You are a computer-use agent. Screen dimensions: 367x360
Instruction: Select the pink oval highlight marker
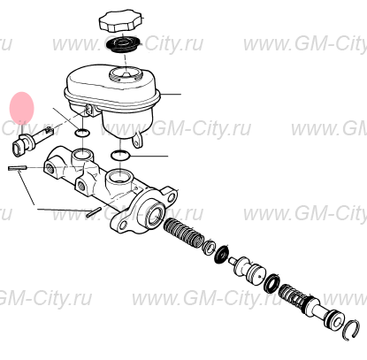coord(22,108)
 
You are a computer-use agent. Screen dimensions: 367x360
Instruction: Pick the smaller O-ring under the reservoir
coord(82,134)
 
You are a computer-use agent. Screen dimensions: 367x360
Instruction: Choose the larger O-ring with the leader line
coord(120,155)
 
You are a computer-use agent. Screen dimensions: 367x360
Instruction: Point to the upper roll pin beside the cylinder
coord(18,168)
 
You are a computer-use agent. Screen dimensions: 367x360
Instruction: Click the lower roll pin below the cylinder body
coord(95,212)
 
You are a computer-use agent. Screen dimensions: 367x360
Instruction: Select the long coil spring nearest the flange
coord(183,233)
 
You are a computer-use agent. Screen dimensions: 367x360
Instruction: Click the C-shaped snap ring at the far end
coord(352,330)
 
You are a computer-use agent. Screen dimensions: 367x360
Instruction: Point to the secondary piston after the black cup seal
coord(248,269)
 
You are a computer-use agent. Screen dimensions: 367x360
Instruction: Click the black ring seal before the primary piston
coord(272,283)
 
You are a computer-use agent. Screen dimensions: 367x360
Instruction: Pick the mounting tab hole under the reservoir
coord(136,143)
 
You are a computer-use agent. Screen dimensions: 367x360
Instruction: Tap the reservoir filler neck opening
coord(125,73)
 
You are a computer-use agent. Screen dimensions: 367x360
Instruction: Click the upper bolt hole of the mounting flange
coord(172,196)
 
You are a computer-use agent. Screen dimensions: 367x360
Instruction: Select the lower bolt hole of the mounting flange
coord(124,226)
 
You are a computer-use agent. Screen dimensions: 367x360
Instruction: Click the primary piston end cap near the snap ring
coord(334,319)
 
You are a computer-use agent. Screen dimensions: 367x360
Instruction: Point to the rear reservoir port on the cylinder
coord(82,155)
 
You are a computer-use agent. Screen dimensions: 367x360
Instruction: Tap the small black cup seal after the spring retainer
coord(222,253)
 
